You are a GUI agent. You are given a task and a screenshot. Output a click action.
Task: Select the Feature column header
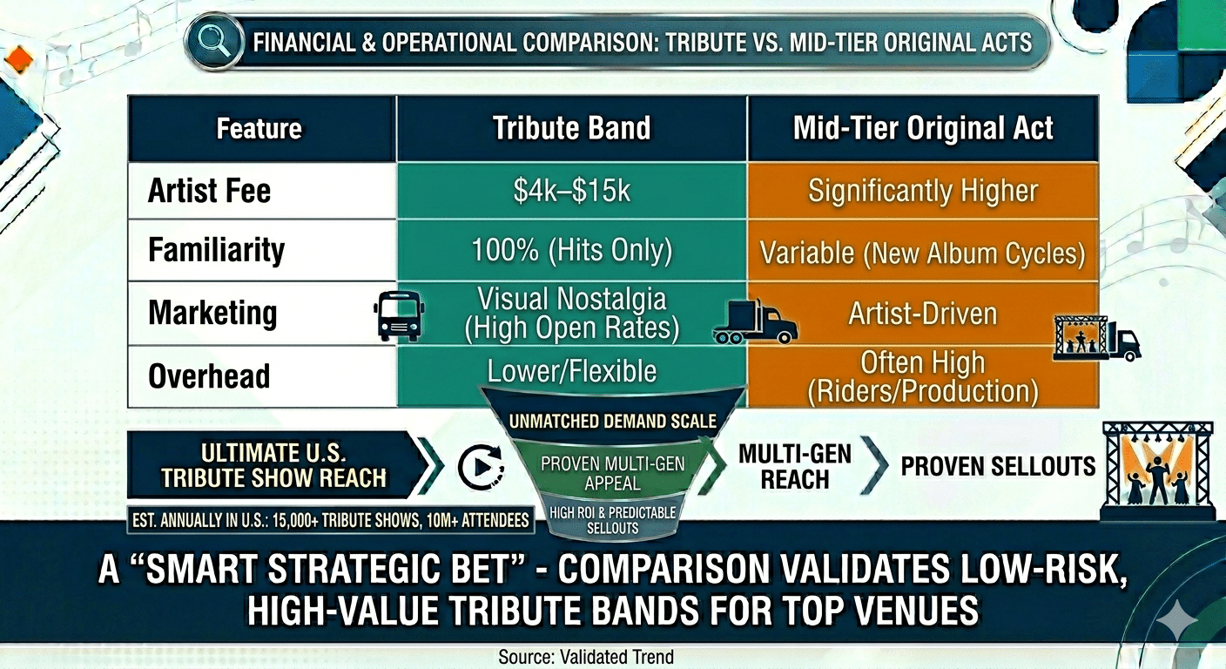click(x=259, y=129)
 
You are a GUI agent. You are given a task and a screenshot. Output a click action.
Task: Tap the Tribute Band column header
click(x=571, y=129)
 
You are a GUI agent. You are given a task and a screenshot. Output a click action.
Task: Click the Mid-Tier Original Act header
click(x=923, y=129)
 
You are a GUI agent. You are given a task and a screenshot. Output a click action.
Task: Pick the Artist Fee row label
click(x=209, y=191)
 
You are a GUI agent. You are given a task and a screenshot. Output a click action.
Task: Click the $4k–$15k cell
click(x=571, y=191)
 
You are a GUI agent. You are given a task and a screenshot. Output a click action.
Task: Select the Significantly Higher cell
click(x=923, y=191)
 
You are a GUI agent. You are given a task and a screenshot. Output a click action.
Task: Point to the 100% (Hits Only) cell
click(x=571, y=251)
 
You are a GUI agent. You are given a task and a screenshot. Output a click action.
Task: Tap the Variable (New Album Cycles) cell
click(x=923, y=253)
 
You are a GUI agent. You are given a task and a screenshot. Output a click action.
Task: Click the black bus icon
click(x=399, y=315)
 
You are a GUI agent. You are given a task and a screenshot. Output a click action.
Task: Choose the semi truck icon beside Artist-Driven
click(x=754, y=322)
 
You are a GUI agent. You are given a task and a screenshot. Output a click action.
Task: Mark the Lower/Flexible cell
click(x=571, y=371)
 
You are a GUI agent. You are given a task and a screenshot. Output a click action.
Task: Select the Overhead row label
click(x=209, y=376)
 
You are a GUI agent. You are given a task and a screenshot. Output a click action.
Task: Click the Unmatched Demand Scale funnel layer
click(x=612, y=422)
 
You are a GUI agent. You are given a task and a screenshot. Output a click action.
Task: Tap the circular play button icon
click(x=481, y=467)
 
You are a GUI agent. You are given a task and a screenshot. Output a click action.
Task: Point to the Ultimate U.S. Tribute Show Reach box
click(x=274, y=464)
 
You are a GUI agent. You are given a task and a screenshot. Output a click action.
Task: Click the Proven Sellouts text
click(x=998, y=466)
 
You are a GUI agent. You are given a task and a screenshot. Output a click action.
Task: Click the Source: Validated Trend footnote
click(x=586, y=657)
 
